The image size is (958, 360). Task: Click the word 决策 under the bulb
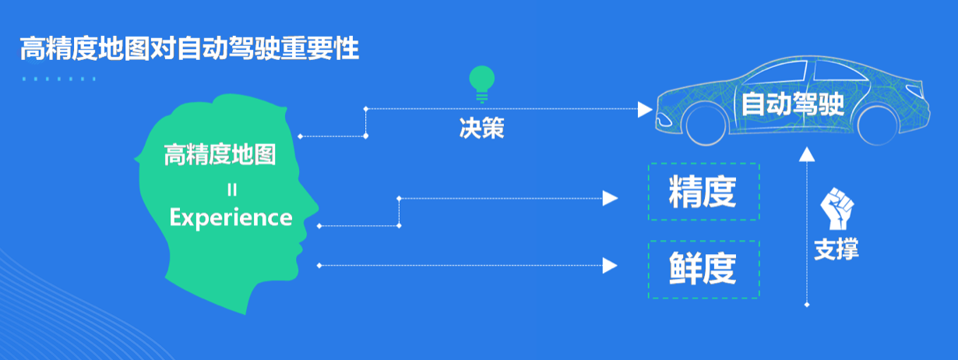(481, 128)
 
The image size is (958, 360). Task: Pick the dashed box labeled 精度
(703, 192)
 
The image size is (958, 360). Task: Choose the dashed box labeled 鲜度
(703, 270)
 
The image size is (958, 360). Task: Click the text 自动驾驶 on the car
(793, 104)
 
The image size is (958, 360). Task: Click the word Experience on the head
(231, 217)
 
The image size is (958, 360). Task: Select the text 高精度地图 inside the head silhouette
(220, 155)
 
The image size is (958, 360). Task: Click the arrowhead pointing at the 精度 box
(611, 198)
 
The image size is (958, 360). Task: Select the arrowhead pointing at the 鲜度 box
(611, 266)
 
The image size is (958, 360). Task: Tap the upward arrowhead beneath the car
(807, 155)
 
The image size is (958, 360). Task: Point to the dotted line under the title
(59, 79)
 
